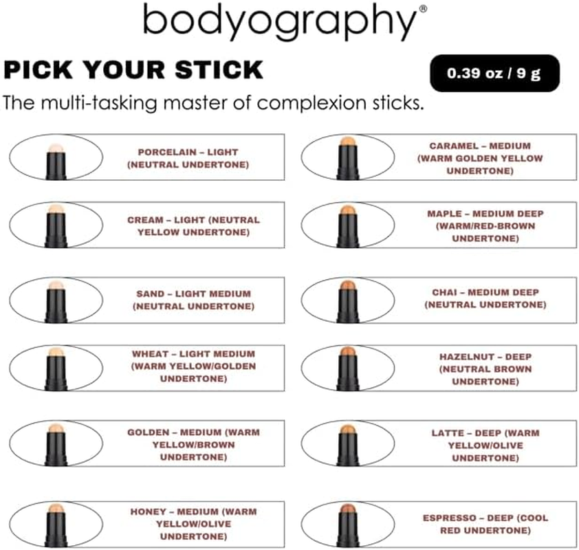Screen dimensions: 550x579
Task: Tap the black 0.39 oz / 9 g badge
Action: click(494, 73)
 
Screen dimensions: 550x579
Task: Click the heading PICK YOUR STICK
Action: click(133, 69)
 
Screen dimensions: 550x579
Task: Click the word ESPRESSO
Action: click(448, 518)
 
